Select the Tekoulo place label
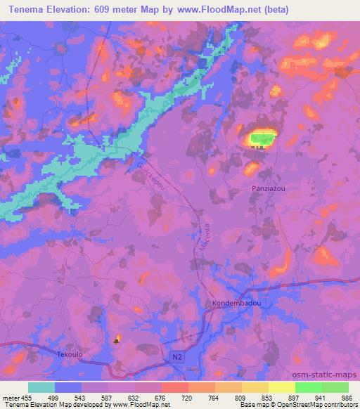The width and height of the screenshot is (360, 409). [x=70, y=355]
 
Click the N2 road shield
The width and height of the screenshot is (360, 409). [x=178, y=357]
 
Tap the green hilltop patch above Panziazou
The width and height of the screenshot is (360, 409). [x=261, y=138]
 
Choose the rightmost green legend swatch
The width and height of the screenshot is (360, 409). [x=335, y=387]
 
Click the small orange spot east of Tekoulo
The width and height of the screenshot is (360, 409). [x=117, y=338]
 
